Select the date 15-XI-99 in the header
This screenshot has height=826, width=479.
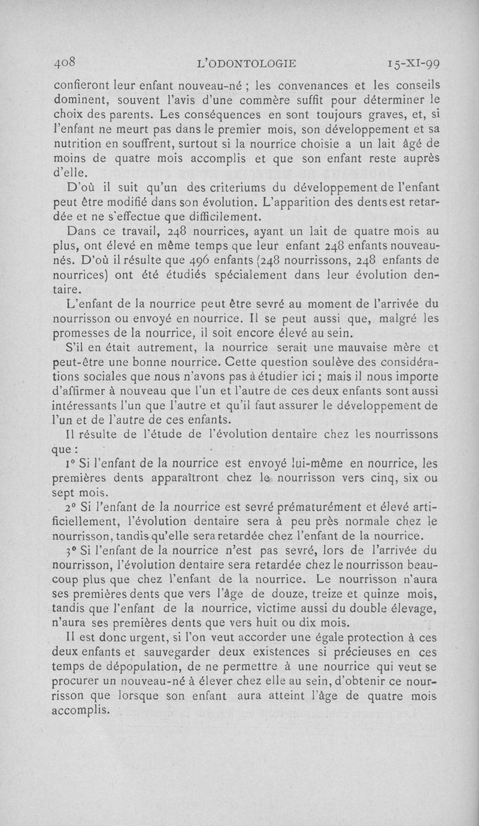[x=413, y=63]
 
